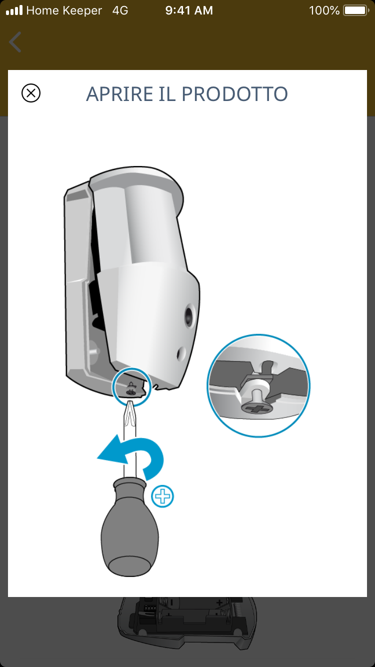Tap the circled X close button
click(31, 93)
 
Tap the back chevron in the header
click(15, 42)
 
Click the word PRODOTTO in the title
click(234, 94)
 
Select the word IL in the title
click(167, 94)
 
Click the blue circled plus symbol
click(162, 496)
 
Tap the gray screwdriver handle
click(130, 526)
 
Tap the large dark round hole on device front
click(189, 316)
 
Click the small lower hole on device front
click(180, 354)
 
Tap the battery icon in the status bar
click(356, 10)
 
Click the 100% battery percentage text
click(324, 10)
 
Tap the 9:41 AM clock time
click(189, 10)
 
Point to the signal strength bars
click(14, 10)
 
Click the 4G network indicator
click(120, 10)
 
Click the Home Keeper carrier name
click(64, 10)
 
